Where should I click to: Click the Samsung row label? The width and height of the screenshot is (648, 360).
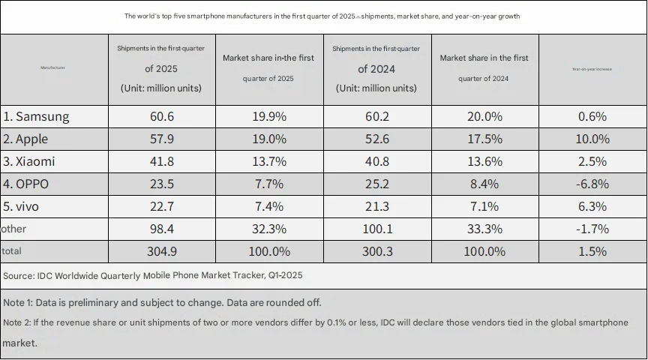click(37, 116)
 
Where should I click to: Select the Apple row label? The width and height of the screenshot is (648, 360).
click(31, 139)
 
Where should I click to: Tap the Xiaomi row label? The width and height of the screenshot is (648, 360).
click(29, 161)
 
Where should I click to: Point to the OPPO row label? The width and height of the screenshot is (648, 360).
click(28, 184)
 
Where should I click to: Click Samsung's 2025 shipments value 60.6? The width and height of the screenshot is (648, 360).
click(161, 116)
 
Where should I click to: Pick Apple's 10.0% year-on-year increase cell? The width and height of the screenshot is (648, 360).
click(592, 139)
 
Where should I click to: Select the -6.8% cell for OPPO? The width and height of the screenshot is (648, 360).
click(592, 184)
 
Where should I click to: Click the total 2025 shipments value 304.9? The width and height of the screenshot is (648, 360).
click(161, 251)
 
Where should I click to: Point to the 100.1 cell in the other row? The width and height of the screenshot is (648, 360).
click(376, 229)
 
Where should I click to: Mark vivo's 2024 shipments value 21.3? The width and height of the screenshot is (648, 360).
click(376, 206)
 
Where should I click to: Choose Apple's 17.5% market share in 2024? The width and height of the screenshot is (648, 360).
click(484, 139)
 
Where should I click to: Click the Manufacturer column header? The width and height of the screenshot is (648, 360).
click(52, 68)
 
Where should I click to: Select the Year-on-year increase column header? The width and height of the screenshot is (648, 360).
click(592, 68)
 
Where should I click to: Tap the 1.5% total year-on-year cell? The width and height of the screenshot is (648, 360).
click(592, 251)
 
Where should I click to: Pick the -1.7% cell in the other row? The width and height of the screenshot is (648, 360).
click(592, 229)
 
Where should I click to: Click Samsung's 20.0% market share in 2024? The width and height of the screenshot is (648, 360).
click(484, 116)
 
